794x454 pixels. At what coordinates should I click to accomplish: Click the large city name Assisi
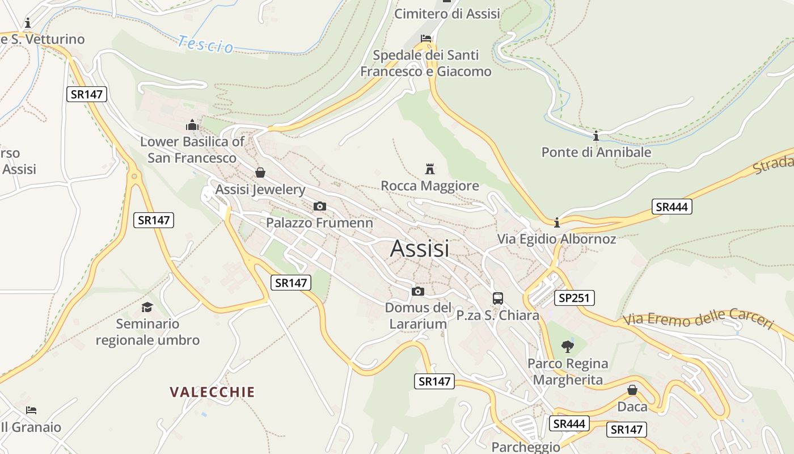[420, 249]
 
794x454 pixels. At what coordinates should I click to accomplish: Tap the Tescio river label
[205, 44]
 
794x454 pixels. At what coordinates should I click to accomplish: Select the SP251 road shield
[574, 297]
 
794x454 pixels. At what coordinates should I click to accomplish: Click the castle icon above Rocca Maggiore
[430, 169]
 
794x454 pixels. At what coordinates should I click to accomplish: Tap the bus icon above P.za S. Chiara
[498, 298]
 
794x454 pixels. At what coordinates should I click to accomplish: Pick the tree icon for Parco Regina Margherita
[567, 346]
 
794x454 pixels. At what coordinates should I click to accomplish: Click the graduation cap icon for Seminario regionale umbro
[147, 307]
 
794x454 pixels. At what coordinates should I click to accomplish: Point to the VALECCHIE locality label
[212, 392]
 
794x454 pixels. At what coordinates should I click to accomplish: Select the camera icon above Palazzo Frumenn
[320, 206]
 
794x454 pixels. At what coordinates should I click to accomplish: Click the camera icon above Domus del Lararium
[418, 291]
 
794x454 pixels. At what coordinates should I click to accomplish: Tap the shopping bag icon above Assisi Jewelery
[260, 173]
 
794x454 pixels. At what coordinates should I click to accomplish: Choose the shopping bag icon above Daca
[632, 390]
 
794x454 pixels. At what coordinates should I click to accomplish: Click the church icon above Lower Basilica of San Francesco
[192, 124]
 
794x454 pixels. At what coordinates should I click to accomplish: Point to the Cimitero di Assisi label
[447, 14]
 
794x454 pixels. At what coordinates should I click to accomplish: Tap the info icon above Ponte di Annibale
[596, 136]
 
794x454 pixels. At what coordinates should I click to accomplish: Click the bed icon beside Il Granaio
[31, 410]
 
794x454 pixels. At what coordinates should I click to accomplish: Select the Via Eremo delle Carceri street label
[698, 321]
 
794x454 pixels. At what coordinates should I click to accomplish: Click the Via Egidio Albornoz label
[556, 239]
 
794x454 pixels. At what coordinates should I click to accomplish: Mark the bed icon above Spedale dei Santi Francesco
[426, 39]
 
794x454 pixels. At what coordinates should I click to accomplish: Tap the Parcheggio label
[526, 447]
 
